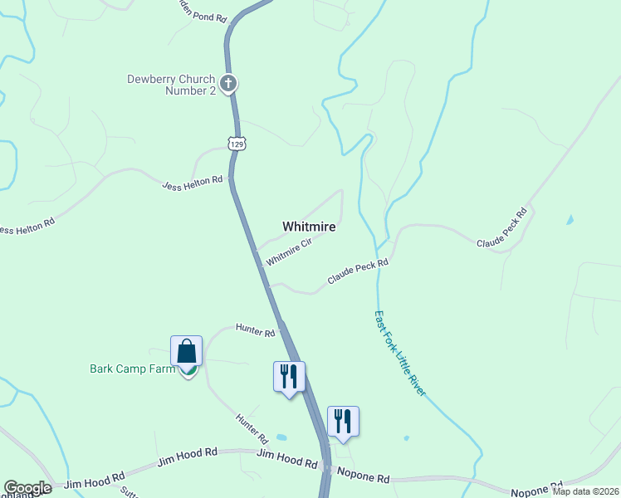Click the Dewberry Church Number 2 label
[171, 85]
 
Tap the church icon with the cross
[228, 84]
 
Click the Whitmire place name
[309, 226]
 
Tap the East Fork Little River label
[399, 353]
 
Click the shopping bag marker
[186, 351]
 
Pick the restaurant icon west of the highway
[289, 376]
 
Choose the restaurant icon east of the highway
[343, 421]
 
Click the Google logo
[27, 488]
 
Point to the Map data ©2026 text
[586, 491]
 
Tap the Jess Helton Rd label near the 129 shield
[193, 180]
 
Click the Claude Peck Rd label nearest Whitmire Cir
[358, 272]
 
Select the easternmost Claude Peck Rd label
[502, 228]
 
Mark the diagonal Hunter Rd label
[251, 428]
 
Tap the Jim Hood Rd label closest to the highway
[287, 458]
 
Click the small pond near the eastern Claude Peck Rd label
[569, 221]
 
